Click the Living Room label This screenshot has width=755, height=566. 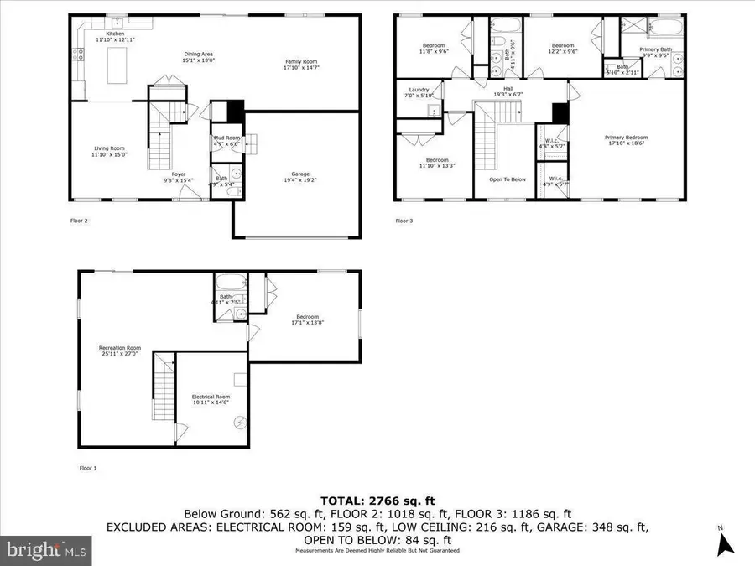[x=109, y=151]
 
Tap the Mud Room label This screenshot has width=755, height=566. [x=226, y=140]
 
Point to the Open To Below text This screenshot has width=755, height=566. [x=508, y=179]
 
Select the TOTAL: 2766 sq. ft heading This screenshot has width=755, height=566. [x=377, y=498]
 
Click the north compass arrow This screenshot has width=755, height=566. [x=726, y=543]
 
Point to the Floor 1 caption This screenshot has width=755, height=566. [x=88, y=468]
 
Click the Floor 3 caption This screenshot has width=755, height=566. [x=404, y=221]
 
